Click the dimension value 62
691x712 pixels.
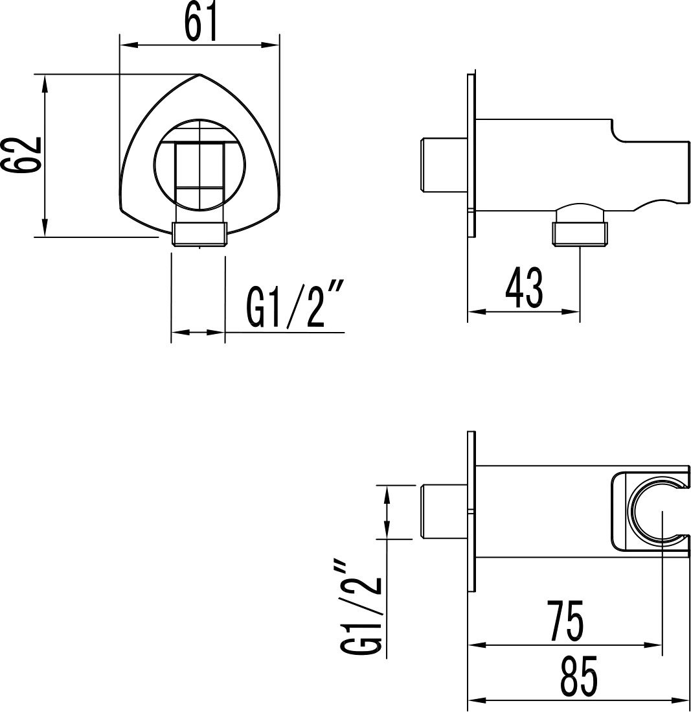(22, 154)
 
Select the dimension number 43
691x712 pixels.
(524, 287)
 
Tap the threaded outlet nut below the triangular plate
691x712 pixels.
(199, 234)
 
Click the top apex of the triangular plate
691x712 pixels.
(200, 73)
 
